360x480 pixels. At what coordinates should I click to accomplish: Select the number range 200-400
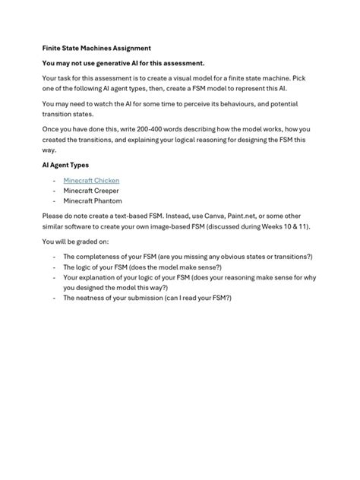pos(165,128)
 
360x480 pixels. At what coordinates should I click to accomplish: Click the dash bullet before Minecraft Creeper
pos(54,190)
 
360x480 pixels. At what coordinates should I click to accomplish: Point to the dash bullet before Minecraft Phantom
pos(54,201)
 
